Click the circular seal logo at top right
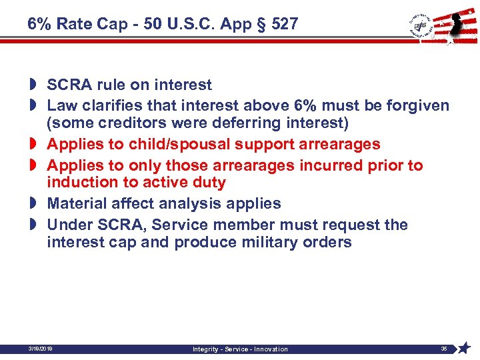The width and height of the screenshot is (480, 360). pyautogui.click(x=421, y=25)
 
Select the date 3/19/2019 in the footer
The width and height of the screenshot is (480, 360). pyautogui.click(x=41, y=349)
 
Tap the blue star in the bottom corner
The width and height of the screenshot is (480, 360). pyautogui.click(x=464, y=348)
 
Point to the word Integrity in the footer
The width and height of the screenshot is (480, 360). pyautogui.click(x=207, y=349)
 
